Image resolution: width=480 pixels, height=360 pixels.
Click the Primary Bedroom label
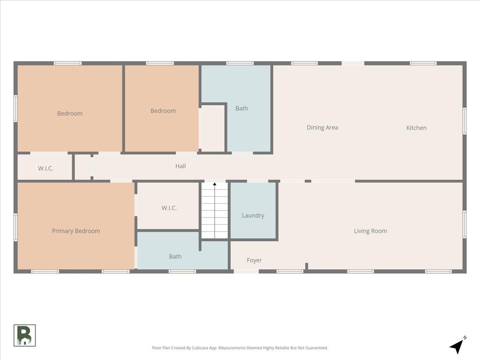(76, 231)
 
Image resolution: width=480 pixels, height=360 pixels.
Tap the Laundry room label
(253, 216)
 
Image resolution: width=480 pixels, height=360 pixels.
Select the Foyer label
(254, 260)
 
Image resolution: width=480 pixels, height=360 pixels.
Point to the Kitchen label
(416, 128)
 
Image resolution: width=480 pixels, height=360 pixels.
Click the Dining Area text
(322, 128)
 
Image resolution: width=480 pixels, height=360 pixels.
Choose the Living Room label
(370, 231)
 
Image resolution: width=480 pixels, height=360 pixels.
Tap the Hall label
(181, 166)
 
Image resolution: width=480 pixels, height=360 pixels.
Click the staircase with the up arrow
(214, 210)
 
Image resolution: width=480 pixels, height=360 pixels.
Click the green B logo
(24, 336)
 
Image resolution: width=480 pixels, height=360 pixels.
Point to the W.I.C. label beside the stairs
(169, 208)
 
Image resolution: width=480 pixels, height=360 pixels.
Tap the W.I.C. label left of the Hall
(46, 168)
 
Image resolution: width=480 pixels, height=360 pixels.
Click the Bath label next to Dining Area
(242, 108)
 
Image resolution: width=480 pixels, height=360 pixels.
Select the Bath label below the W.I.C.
(175, 256)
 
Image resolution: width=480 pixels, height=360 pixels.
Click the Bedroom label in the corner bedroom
(70, 114)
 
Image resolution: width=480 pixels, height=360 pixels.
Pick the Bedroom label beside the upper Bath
(163, 111)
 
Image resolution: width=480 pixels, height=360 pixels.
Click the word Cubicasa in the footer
(200, 348)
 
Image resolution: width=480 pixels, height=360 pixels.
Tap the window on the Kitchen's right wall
(464, 121)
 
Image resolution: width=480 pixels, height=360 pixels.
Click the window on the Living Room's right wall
(464, 224)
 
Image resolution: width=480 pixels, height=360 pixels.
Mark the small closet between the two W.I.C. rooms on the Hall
(82, 167)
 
